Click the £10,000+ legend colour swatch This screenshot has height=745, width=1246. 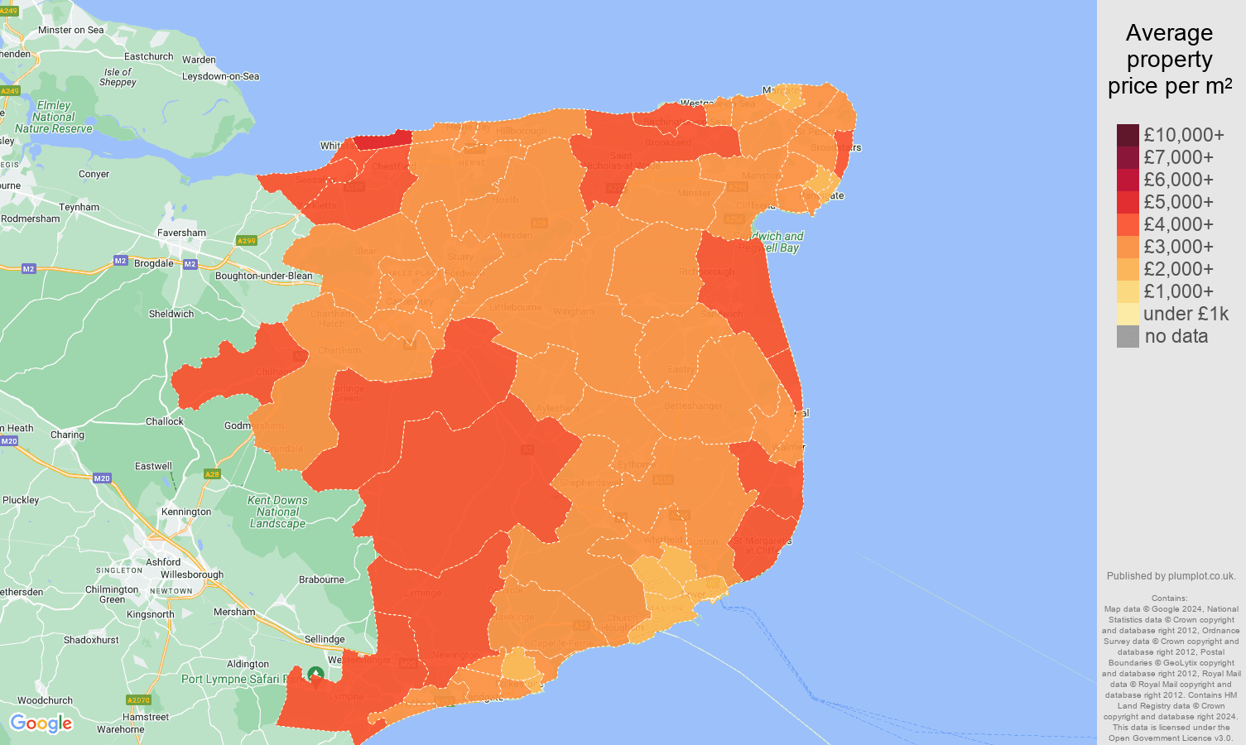[x=1128, y=135]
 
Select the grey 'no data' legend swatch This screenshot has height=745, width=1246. [x=1128, y=336]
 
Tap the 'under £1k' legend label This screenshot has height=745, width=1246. [x=1186, y=314]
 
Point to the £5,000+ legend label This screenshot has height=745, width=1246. [x=1178, y=202]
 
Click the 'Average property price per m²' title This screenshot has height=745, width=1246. [x=1169, y=60]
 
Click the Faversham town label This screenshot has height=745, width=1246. [x=181, y=233]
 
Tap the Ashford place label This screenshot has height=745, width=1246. [x=163, y=562]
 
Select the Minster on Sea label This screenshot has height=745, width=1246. [x=71, y=30]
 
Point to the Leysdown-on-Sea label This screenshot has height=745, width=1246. [x=220, y=76]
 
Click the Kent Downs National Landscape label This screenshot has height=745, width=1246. [x=277, y=512]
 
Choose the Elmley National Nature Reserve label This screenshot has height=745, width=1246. [x=54, y=117]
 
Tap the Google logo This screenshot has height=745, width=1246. [x=41, y=723]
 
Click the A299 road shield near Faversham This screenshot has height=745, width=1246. [x=247, y=241]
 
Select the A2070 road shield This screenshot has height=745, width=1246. [x=138, y=700]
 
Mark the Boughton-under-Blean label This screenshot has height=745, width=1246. [x=263, y=276]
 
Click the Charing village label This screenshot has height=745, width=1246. [x=67, y=435]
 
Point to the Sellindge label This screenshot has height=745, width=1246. [x=325, y=639]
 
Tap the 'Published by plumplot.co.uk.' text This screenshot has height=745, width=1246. [x=1171, y=576]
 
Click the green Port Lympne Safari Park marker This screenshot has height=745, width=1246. [x=315, y=675]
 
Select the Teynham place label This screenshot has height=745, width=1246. [x=79, y=207]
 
